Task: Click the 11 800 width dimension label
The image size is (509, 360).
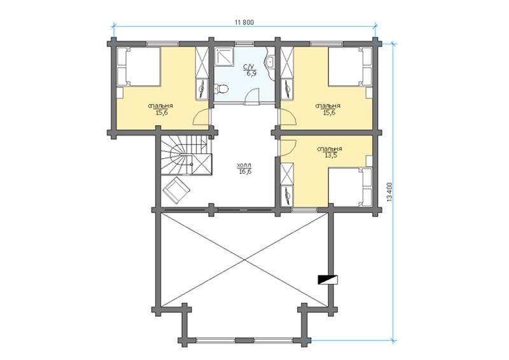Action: (x=244, y=22)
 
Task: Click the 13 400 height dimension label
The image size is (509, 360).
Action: (x=390, y=192)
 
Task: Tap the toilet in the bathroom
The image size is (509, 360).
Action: (x=221, y=88)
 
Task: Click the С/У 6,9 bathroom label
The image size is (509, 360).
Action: (x=249, y=70)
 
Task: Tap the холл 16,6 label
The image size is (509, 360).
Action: (x=244, y=169)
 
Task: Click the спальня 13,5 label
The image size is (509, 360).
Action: (x=330, y=152)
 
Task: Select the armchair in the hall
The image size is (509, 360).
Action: (x=177, y=190)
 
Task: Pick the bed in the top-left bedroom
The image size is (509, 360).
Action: (x=138, y=67)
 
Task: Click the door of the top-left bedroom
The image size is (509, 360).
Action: (x=201, y=117)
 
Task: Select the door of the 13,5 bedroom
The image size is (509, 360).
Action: (x=288, y=148)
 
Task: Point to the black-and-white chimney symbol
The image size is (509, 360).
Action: (x=328, y=279)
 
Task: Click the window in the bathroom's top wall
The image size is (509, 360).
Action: (x=244, y=43)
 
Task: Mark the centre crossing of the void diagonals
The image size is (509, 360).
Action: (x=244, y=260)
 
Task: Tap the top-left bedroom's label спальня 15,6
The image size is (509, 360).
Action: (x=161, y=109)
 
